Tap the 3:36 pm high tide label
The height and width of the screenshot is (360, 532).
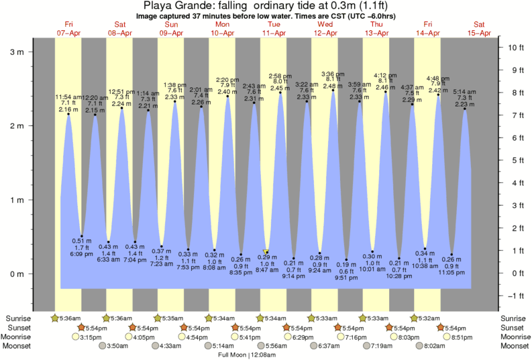click(x=333, y=74)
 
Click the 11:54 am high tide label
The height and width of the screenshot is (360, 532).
click(x=68, y=97)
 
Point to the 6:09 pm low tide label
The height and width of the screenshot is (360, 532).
click(x=82, y=254)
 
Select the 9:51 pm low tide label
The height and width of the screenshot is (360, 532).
click(x=346, y=278)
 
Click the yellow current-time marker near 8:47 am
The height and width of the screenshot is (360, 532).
click(x=266, y=251)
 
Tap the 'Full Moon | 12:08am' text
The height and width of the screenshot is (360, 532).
click(x=256, y=355)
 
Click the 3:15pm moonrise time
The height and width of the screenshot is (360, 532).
click(x=90, y=337)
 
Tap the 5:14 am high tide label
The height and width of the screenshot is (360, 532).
click(x=464, y=91)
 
